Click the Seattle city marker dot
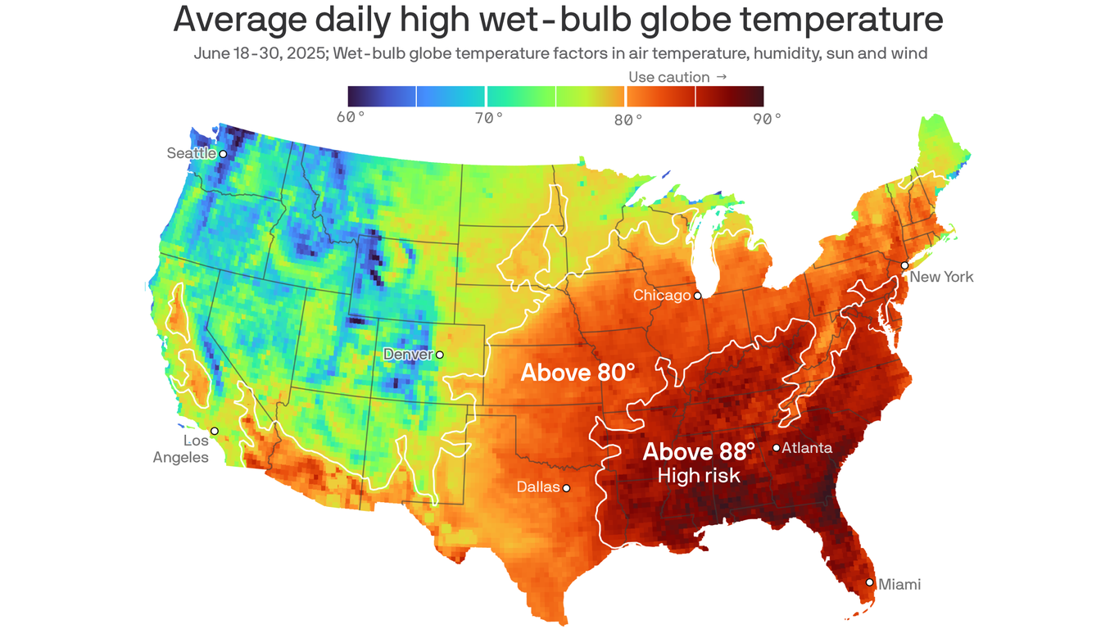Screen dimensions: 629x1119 click(223, 153)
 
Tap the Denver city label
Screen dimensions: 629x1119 click(409, 355)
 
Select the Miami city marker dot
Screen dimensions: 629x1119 click(870, 582)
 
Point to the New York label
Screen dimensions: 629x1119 click(941, 277)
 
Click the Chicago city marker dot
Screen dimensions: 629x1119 click(698, 296)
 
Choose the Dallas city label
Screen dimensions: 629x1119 click(537, 487)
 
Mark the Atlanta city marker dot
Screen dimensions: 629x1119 click(776, 447)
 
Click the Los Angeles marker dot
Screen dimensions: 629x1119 click(215, 431)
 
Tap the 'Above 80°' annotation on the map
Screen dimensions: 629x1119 click(578, 373)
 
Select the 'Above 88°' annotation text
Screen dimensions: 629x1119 click(699, 451)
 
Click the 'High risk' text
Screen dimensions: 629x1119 click(699, 475)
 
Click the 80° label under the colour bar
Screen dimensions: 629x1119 click(628, 119)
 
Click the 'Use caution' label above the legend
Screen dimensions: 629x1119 click(668, 77)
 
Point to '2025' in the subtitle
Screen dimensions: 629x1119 click(286, 54)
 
